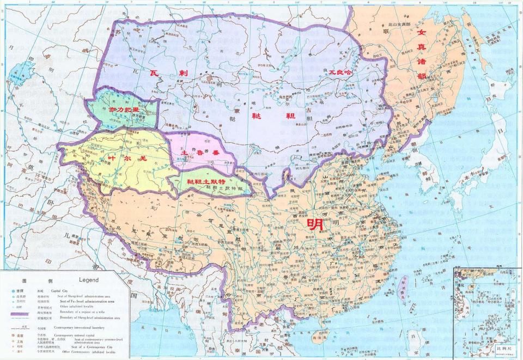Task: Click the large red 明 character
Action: click(x=315, y=224)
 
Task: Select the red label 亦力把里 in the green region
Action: click(x=124, y=109)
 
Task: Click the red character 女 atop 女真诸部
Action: click(x=421, y=33)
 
